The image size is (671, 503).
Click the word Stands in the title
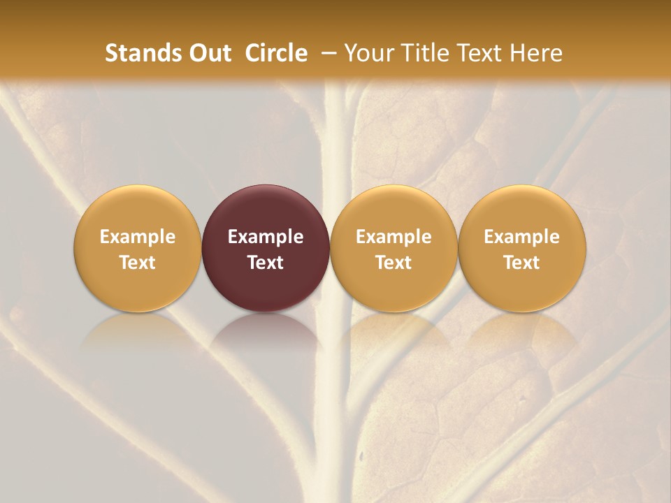click(143, 53)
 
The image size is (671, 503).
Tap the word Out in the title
click(209, 53)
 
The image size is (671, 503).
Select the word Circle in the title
click(276, 53)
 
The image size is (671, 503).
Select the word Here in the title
click(538, 53)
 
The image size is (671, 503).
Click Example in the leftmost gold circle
click(138, 237)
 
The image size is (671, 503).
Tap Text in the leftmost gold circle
click(138, 263)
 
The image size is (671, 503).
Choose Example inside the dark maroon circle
click(266, 237)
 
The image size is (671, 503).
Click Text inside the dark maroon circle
click(266, 263)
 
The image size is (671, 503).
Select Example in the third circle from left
click(394, 237)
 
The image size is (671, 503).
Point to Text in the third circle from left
click(394, 263)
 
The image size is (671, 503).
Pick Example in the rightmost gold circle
click(521, 237)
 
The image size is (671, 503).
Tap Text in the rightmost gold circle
click(521, 263)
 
